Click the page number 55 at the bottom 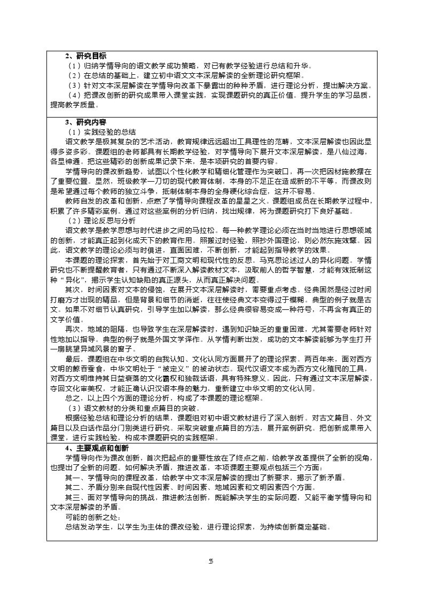(211, 560)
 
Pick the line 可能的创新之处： (93, 517)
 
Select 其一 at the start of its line (72, 478)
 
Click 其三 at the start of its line (72, 497)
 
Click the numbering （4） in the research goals (74, 95)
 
